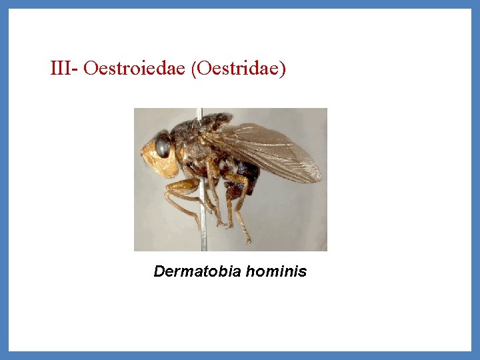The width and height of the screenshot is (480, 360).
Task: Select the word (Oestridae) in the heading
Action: pyautogui.click(x=238, y=69)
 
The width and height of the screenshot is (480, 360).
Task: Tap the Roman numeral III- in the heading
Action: pyautogui.click(x=65, y=69)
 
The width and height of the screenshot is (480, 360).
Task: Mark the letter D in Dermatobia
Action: pyautogui.click(x=159, y=271)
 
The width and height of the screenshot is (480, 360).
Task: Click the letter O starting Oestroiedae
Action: pyautogui.click(x=91, y=69)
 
